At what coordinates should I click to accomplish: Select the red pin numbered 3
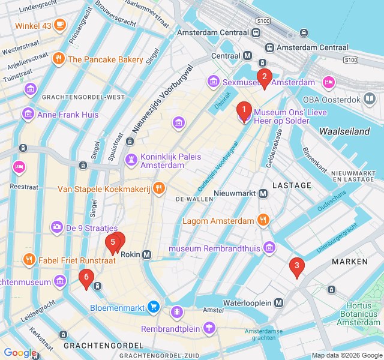click(296, 266)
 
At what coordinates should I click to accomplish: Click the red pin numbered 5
click(112, 243)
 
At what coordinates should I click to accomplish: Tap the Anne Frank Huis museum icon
click(28, 113)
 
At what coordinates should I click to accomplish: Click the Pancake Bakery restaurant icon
click(58, 59)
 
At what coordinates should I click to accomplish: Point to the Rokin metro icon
click(147, 254)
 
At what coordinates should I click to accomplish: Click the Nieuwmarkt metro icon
click(263, 193)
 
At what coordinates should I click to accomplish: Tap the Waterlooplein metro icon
click(279, 303)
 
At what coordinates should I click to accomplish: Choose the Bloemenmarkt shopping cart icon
click(154, 308)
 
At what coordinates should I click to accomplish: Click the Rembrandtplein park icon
click(208, 328)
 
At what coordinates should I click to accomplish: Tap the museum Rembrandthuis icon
click(270, 248)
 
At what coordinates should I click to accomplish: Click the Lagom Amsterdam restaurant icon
click(263, 220)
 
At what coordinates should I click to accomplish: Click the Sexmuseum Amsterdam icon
click(213, 82)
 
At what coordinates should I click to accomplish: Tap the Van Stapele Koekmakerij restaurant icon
click(158, 188)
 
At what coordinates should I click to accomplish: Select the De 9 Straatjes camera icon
click(56, 227)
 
